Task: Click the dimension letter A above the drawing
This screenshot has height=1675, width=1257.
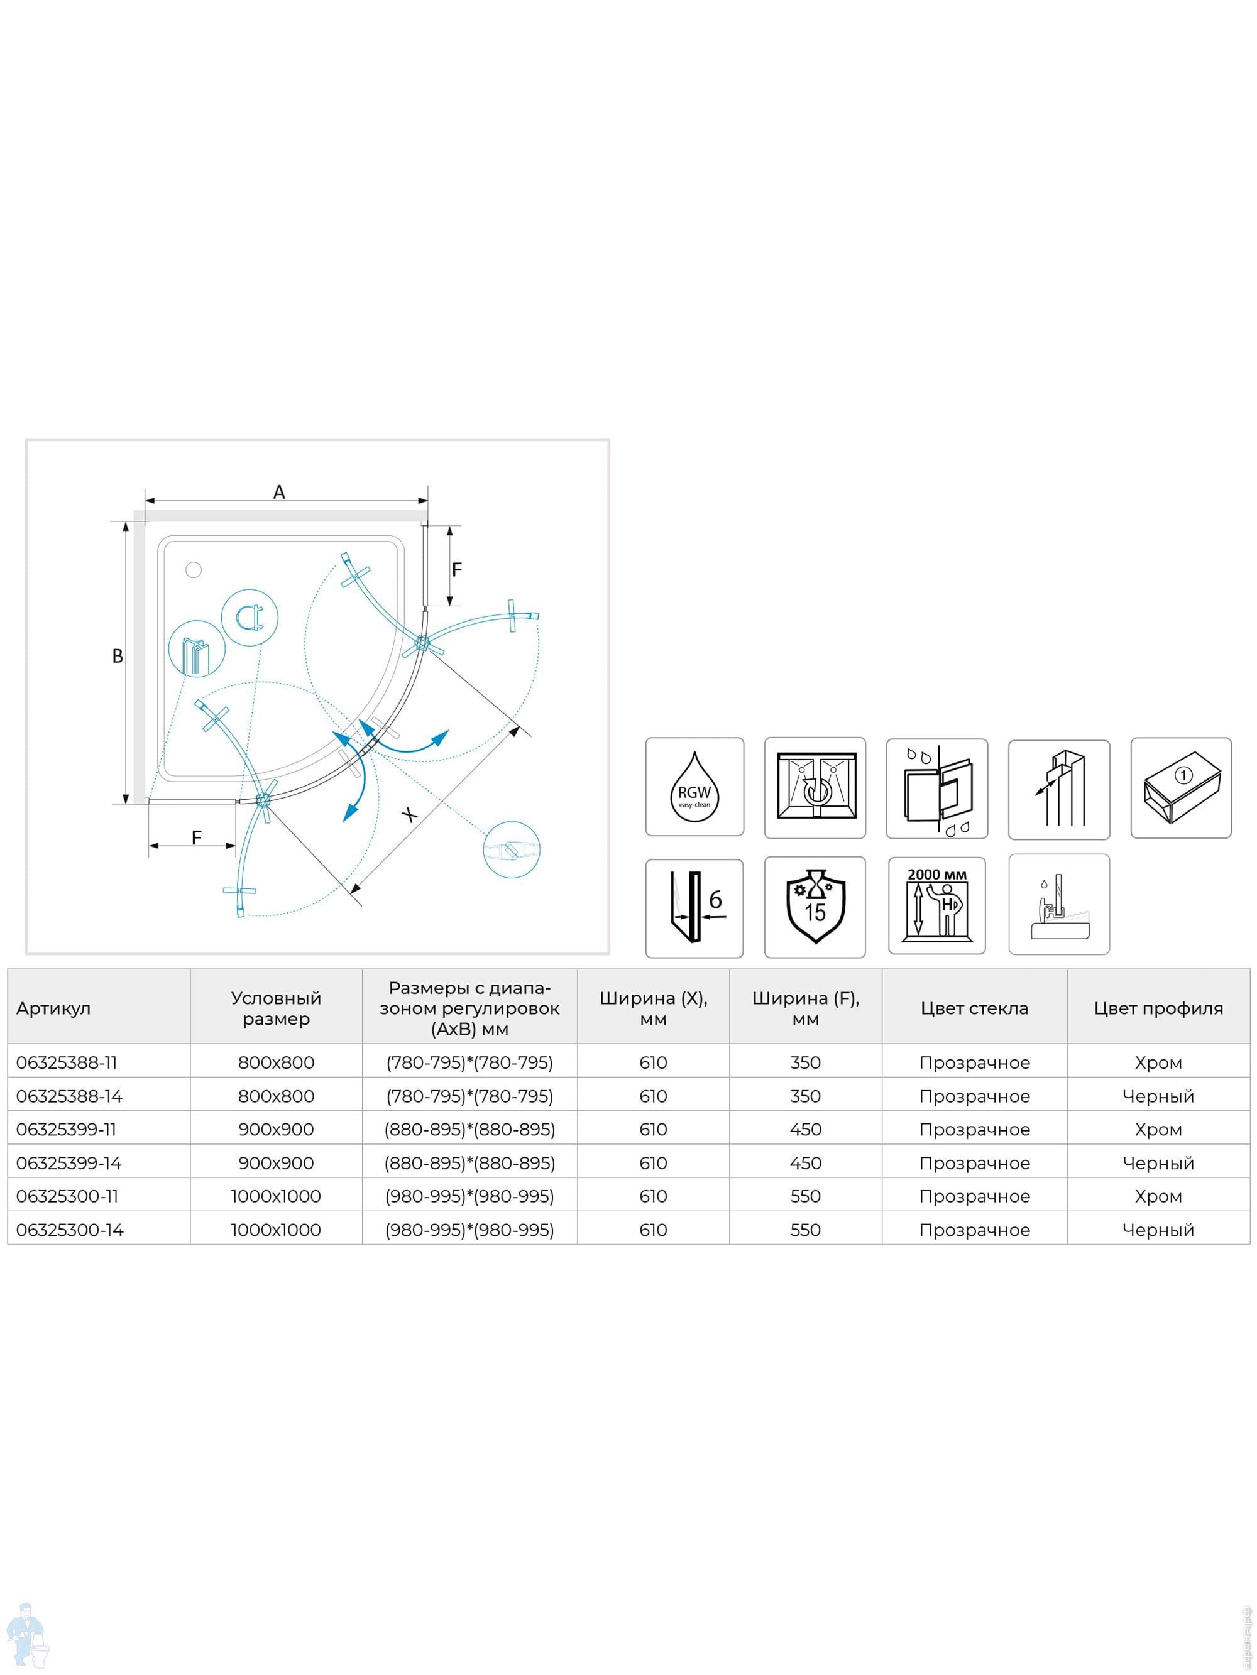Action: pos(279,492)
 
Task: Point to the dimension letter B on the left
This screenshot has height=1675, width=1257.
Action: pos(118,656)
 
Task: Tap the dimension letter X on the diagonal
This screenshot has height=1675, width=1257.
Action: pos(410,815)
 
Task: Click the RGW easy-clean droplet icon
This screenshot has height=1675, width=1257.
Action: pos(694,787)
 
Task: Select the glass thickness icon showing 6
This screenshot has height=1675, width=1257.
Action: pos(694,908)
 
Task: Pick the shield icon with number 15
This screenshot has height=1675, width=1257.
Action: pos(815,907)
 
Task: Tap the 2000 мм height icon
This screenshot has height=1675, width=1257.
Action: pos(936,905)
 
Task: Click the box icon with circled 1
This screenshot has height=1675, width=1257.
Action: pos(1180,787)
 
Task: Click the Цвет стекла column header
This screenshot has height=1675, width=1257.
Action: pos(974,1008)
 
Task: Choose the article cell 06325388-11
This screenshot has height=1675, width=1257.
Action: pos(67,1062)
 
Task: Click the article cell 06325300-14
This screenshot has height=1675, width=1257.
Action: pos(70,1230)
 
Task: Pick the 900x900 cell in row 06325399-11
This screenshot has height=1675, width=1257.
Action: pos(276,1129)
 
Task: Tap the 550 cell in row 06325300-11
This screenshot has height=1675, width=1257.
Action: pos(804,1196)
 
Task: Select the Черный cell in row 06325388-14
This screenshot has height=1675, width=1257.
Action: pos(1158,1096)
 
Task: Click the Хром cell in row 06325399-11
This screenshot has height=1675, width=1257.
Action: pos(1158,1129)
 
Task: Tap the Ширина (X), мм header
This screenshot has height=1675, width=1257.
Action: pos(653,1008)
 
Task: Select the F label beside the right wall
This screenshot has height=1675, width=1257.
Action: pos(456,569)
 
